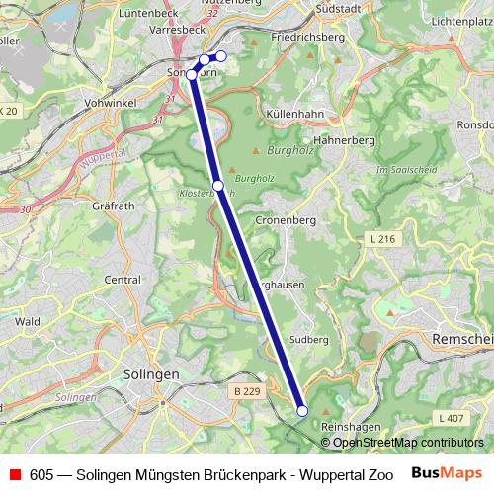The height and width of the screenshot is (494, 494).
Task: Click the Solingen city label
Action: coord(151,374)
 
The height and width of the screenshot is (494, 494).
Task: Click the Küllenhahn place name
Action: coord(296,114)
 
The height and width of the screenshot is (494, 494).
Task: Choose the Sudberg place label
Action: coord(308,338)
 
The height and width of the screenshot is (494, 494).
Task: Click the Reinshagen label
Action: coord(352,426)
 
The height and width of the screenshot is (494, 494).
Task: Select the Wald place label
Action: coord(27,321)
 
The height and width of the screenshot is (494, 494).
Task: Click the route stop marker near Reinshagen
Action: coord(302,411)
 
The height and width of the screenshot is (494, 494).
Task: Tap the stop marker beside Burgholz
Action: coord(217,185)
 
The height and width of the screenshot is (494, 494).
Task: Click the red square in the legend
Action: coord(15,473)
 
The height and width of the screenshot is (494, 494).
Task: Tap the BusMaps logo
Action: coord(446,472)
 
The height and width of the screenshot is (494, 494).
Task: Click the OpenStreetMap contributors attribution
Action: coord(407,442)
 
